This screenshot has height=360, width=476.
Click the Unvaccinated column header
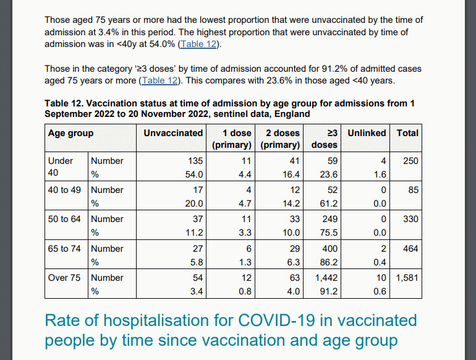tap(173, 133)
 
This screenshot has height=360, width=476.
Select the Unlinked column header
tap(367, 133)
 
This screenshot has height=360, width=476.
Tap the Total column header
tap(407, 133)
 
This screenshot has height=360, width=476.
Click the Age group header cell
tap(70, 134)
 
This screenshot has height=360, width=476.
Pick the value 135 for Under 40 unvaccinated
tap(195, 161)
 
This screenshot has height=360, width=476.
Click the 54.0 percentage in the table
tap(194, 174)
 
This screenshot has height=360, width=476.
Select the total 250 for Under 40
tap(410, 161)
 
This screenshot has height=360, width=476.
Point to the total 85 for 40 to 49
tap(414, 190)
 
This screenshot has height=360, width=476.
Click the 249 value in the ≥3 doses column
tap(329, 219)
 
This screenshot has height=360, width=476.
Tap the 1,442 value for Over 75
tap(326, 278)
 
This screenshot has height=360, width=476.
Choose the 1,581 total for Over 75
tap(407, 278)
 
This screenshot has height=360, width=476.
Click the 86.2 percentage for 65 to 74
tap(329, 262)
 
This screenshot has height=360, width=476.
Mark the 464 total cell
tap(410, 249)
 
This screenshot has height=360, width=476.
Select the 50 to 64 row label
tap(64, 219)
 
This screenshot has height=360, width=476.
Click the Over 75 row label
tap(64, 278)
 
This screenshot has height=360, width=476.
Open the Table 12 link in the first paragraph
tap(199, 44)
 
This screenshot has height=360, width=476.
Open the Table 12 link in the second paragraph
tap(159, 80)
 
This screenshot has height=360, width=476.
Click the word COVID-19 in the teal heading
tap(276, 320)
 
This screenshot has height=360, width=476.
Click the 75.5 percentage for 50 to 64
tap(329, 233)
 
